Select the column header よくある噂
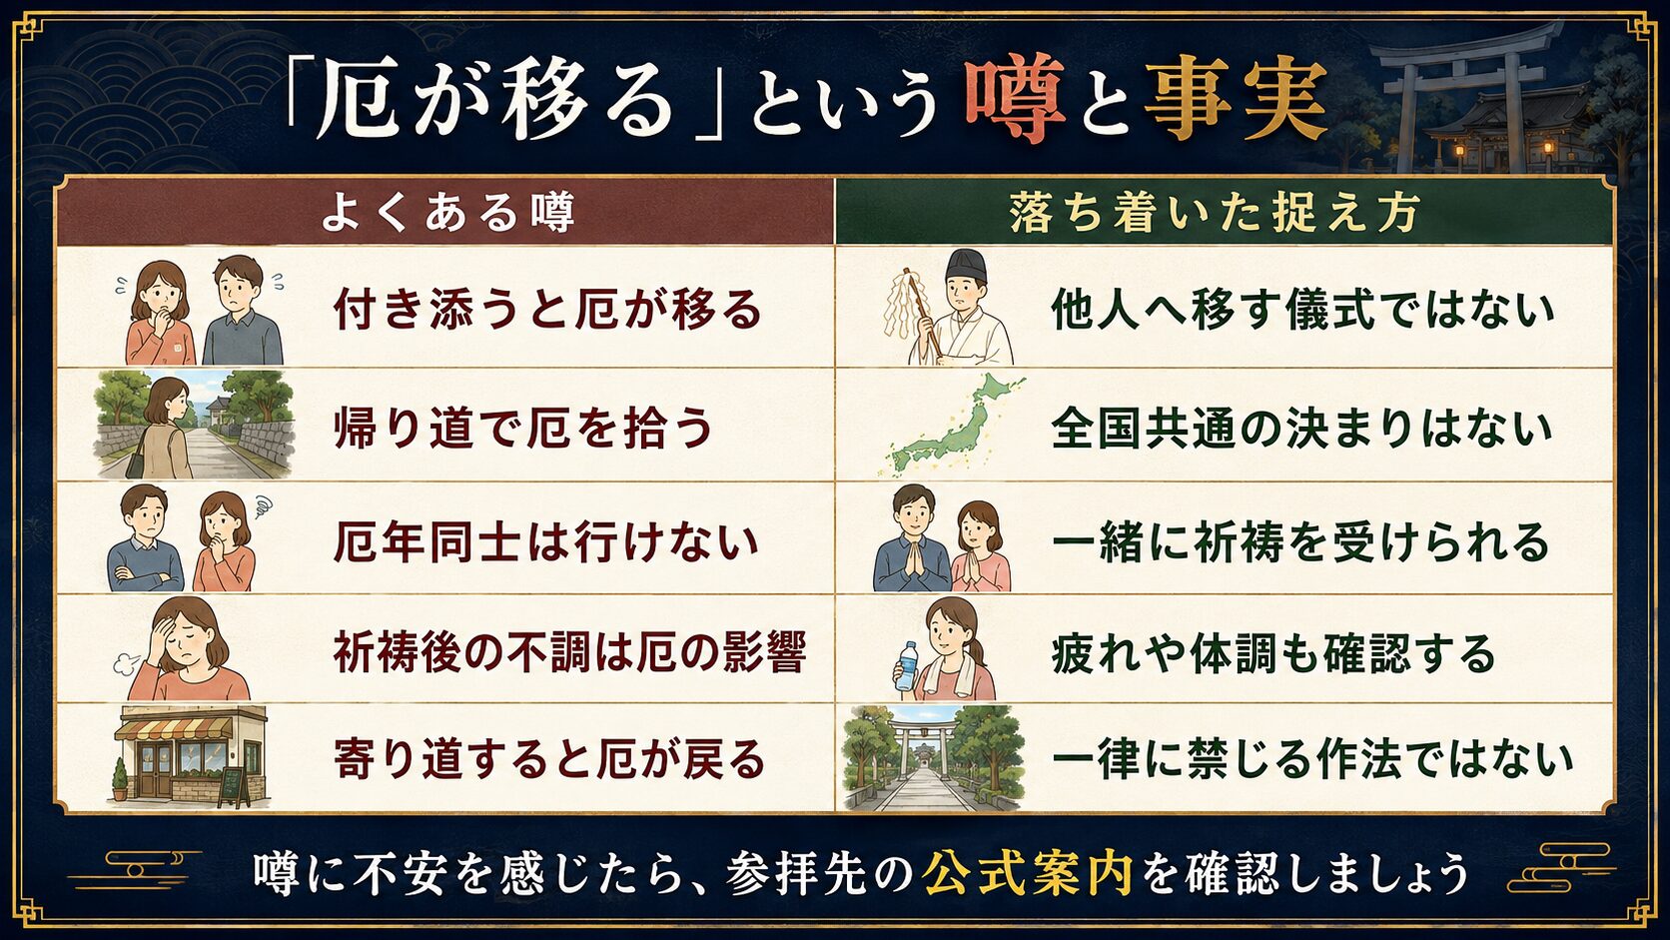(448, 213)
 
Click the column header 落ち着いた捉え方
(1215, 213)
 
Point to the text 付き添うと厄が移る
(548, 309)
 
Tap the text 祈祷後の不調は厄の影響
(569, 652)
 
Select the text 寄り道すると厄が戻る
(549, 759)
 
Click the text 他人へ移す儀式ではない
(1302, 309)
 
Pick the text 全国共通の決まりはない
(1301, 428)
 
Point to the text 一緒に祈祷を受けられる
(1301, 541)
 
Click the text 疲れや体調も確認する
(1273, 653)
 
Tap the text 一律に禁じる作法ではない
(1312, 759)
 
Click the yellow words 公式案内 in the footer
(1028, 872)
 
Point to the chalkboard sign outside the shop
(234, 786)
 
